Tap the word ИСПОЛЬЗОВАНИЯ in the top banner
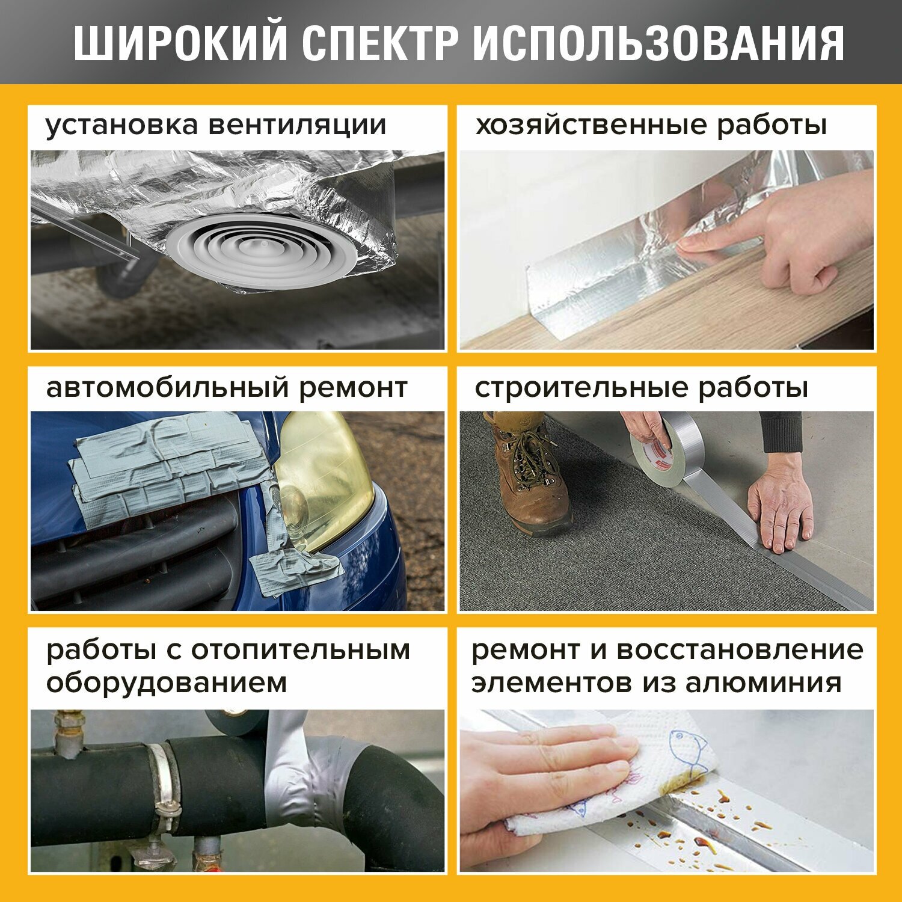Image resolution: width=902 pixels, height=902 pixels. [658, 44]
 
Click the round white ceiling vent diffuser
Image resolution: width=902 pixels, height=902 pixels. [262, 250]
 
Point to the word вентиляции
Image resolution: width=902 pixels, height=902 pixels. [297, 125]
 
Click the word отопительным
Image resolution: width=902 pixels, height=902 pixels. [301, 651]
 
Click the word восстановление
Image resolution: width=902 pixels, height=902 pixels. [740, 651]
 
